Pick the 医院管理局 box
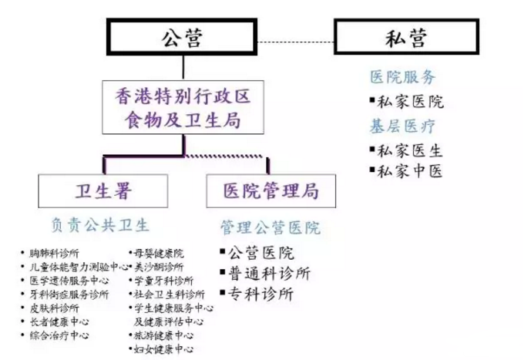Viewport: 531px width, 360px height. click(x=269, y=190)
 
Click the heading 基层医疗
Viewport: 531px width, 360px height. click(x=402, y=126)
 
